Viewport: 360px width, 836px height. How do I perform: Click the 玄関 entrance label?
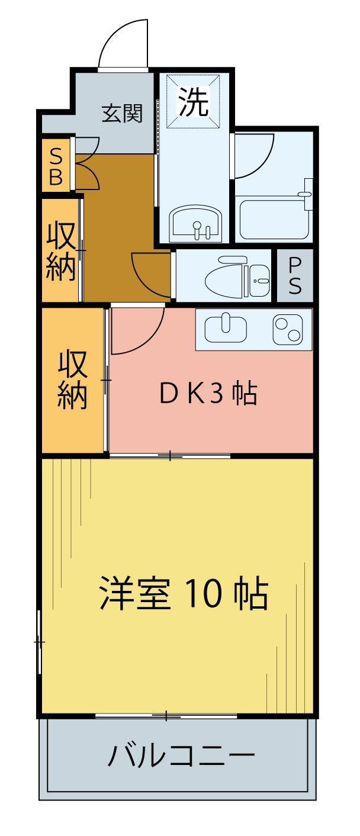point(123,113)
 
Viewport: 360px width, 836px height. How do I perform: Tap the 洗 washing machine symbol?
point(194,102)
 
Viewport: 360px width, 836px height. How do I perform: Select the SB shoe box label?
point(56,166)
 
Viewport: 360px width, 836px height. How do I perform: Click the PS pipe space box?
point(295,276)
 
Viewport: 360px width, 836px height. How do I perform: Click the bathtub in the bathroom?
point(273,220)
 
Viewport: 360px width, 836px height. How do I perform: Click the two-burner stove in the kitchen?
point(288,329)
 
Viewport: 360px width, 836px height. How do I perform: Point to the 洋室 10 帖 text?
point(183,593)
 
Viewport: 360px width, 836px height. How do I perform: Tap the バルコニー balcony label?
point(181,756)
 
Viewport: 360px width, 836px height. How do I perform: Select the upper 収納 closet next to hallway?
point(62,250)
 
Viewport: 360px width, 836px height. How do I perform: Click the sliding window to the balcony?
point(166,716)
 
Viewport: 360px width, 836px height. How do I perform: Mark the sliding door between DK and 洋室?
point(170,455)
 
